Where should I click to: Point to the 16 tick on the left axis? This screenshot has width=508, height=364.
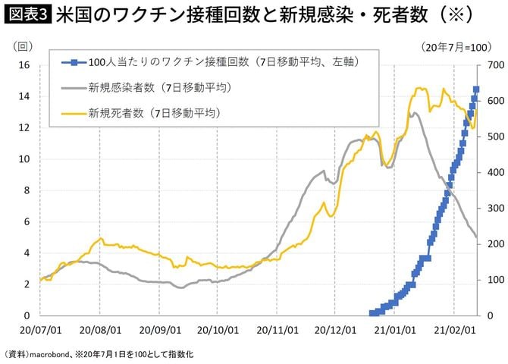23,65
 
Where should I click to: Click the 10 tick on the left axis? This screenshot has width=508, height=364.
23,159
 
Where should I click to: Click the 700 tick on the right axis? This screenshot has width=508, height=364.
495,65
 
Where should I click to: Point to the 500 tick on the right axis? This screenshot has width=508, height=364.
495,136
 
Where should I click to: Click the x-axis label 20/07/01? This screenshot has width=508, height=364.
39,331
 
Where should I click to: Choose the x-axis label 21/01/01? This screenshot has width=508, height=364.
394,331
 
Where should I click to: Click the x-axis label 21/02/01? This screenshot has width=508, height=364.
453,331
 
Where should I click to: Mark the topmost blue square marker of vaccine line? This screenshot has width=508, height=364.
476,89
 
